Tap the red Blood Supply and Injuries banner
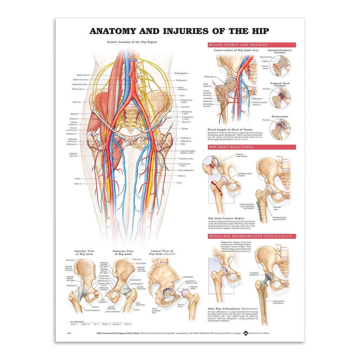coord(252,45)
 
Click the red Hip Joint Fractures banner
coord(252,147)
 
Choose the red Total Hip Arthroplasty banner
coord(252,236)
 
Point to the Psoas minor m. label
coord(83,75)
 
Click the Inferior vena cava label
coord(81,79)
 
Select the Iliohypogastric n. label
coord(184,73)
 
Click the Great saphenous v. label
coord(186,170)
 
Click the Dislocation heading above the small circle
coord(280,117)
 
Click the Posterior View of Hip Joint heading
coord(122,252)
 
